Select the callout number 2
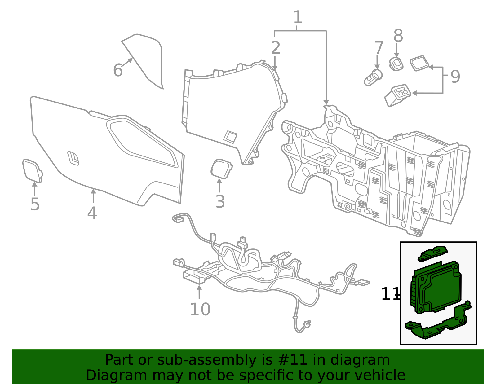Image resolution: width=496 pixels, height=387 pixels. (x=275, y=48)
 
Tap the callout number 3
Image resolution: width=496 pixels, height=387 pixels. (x=220, y=202)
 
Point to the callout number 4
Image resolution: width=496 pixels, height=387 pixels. (x=92, y=213)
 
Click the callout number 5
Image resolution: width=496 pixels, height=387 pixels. (x=35, y=204)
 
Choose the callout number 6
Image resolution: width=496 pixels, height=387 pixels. (x=118, y=70)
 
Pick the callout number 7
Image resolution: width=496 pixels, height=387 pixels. (x=379, y=48)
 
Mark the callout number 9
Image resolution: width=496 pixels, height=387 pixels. (x=455, y=77)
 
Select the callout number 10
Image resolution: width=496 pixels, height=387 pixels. (x=200, y=309)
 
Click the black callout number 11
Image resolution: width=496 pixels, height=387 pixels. (x=390, y=294)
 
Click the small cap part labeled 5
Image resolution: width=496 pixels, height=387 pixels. (x=32, y=170)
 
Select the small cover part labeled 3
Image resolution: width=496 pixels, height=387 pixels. (x=221, y=169)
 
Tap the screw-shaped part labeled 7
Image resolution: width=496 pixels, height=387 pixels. (x=373, y=77)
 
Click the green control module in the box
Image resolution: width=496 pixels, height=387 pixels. (x=436, y=287)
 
